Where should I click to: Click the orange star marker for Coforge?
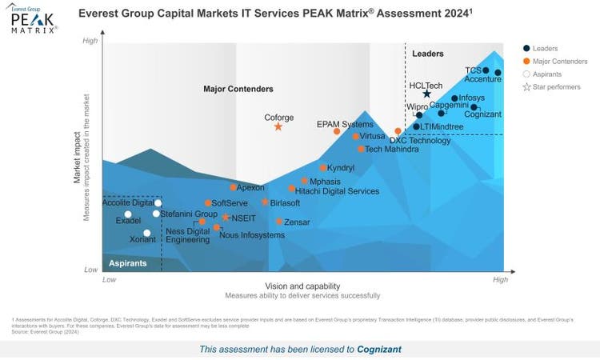pos(278,126)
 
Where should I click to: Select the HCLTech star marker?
pos(426,94)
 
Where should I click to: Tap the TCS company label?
pos(474,70)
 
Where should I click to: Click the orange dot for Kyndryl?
pos(323,168)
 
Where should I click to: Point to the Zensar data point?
pos(279,222)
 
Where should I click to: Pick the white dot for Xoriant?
pos(146,233)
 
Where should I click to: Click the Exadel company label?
pos(128,220)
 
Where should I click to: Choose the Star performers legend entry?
pos(553,86)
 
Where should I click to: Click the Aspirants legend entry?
pos(550,74)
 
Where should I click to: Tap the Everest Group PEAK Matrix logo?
pos(34,19)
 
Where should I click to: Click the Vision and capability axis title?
pos(302,286)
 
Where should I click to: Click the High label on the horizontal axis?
pos(500,280)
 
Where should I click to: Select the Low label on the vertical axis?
pos(90,270)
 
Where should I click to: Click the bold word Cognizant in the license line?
pos(379,349)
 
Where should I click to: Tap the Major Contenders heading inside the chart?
pos(238,89)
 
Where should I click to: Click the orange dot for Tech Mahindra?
pos(361,149)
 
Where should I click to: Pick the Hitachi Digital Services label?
pos(337,191)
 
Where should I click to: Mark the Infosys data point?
pos(454,98)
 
